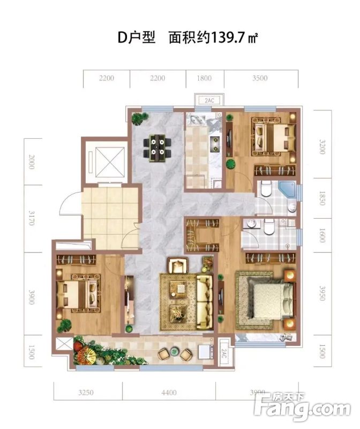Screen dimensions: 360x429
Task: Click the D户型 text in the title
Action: click(x=136, y=38)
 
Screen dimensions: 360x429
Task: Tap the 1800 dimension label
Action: click(x=204, y=78)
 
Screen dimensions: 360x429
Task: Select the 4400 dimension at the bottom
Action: click(x=169, y=393)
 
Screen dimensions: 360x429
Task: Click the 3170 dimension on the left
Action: click(x=32, y=218)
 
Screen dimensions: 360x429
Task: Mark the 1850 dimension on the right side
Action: click(x=322, y=198)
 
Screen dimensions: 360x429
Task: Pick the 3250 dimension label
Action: click(x=86, y=393)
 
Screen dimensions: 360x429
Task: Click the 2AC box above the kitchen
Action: click(x=209, y=100)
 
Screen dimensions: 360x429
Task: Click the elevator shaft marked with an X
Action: click(x=110, y=162)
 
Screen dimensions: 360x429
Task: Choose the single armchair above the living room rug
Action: click(x=178, y=265)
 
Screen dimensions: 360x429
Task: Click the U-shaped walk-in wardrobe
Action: click(x=202, y=235)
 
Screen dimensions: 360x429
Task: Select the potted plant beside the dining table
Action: click(x=139, y=118)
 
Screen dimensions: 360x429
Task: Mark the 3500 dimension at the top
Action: click(x=260, y=78)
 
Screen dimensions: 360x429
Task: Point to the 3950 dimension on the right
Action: click(x=322, y=293)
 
